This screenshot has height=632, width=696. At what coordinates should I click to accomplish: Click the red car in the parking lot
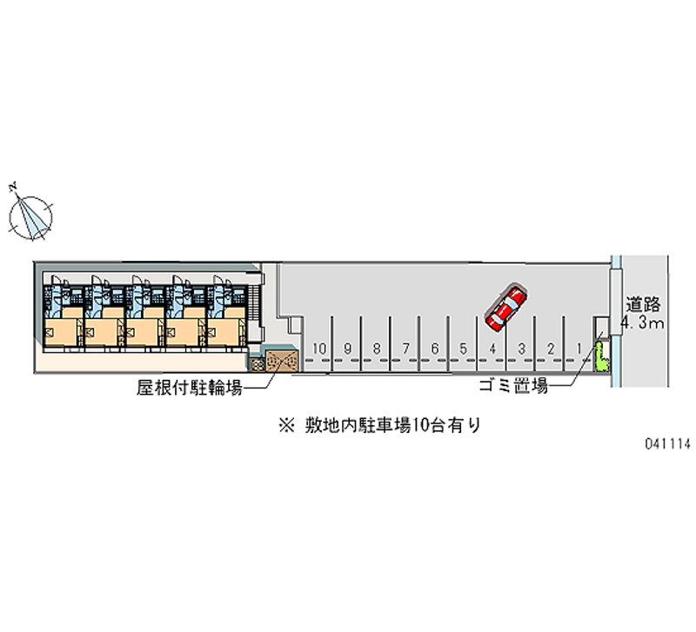pos(505,308)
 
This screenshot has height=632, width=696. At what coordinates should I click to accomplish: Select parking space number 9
pos(347,349)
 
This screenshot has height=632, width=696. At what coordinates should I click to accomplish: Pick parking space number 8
pos(376,349)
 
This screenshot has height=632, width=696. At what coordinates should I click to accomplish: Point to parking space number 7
pos(405,349)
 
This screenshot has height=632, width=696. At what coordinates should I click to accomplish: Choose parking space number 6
pos(434,349)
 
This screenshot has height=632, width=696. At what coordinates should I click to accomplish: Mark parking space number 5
pos(464,349)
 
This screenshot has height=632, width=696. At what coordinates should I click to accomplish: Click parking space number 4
pos(492,349)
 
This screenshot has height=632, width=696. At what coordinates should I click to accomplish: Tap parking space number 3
pos(521,349)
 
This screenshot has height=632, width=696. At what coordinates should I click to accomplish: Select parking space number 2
pos(551,349)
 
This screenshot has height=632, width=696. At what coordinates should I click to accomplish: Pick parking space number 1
pos(579,349)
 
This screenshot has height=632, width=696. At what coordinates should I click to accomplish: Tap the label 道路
pos(644,306)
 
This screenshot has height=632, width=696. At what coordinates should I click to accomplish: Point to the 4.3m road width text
pos(643,325)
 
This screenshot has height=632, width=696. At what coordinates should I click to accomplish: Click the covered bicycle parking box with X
pos(280,359)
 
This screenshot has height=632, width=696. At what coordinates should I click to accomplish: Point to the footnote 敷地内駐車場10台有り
pos(380,426)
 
